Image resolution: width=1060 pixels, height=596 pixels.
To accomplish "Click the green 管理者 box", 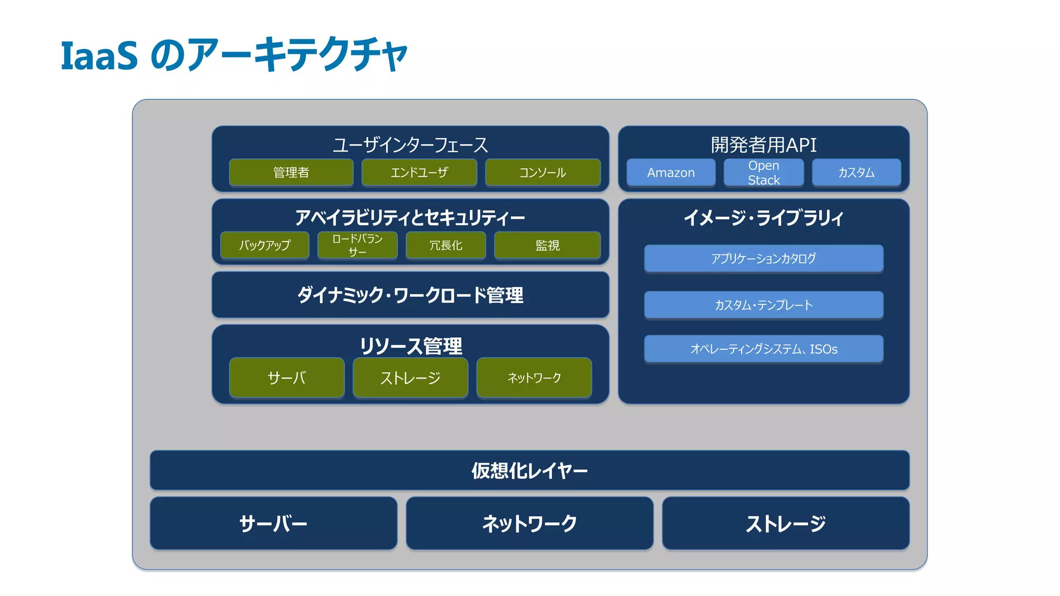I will click(291, 172).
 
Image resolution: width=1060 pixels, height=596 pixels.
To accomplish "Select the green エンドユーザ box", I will click(419, 172).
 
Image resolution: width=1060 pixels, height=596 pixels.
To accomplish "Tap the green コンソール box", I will click(542, 172).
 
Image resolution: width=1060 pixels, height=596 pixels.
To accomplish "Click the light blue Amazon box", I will click(671, 172).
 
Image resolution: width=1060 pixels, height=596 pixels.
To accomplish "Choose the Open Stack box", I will click(763, 172).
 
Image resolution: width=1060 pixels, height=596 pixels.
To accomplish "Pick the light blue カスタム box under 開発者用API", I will click(856, 172).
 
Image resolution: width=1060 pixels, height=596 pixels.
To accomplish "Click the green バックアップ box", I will click(264, 245).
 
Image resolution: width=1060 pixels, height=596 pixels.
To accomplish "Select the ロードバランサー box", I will click(357, 245).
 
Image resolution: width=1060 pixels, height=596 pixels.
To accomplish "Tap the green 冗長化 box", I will click(446, 245).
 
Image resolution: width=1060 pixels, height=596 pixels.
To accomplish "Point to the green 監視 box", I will click(547, 245).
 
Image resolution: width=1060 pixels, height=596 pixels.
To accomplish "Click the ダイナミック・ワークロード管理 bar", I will click(410, 295).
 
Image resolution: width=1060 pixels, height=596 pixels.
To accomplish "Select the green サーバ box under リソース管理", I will click(286, 378).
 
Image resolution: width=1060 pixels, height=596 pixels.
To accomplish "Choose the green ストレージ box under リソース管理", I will click(410, 378).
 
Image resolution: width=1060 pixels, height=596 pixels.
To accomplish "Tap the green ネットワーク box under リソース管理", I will click(534, 378).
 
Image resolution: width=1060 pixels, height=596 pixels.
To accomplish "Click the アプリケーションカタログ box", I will click(763, 258).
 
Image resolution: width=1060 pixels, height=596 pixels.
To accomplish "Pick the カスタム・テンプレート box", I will click(763, 305).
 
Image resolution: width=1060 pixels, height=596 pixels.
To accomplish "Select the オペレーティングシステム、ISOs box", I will click(763, 349).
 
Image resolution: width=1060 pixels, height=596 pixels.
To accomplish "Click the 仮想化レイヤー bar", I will click(529, 470).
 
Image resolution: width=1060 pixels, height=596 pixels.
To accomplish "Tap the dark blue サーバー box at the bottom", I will click(273, 524).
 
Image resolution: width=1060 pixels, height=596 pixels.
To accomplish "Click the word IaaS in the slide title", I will click(99, 55).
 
